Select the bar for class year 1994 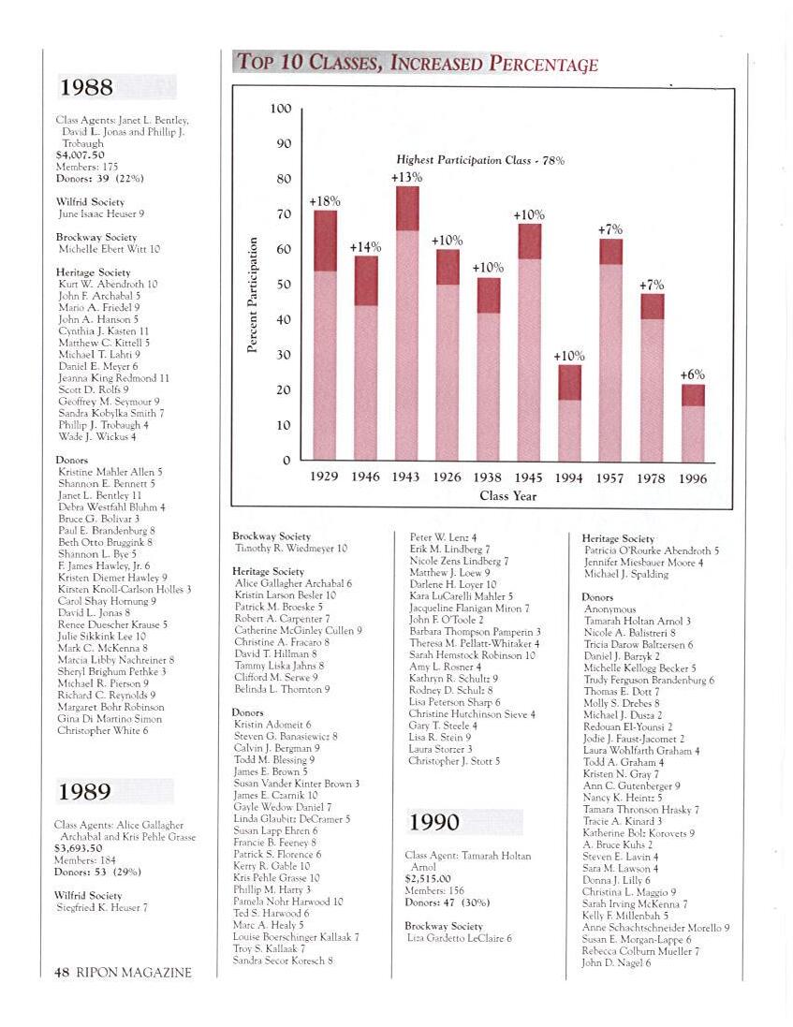click(x=569, y=413)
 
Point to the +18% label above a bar click(x=325, y=201)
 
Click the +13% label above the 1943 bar click(x=406, y=177)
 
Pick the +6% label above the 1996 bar click(x=693, y=374)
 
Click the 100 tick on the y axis click(x=281, y=109)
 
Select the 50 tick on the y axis click(x=283, y=285)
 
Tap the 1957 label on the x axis click(x=610, y=477)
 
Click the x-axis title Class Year click(x=507, y=495)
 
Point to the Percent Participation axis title click(x=252, y=295)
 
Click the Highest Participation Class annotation click(x=479, y=160)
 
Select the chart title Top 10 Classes click(x=417, y=64)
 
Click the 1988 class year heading click(x=86, y=88)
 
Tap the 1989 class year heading click(x=86, y=792)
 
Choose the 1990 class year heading click(x=434, y=822)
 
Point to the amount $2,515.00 click(x=427, y=879)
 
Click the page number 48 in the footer click(x=61, y=972)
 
